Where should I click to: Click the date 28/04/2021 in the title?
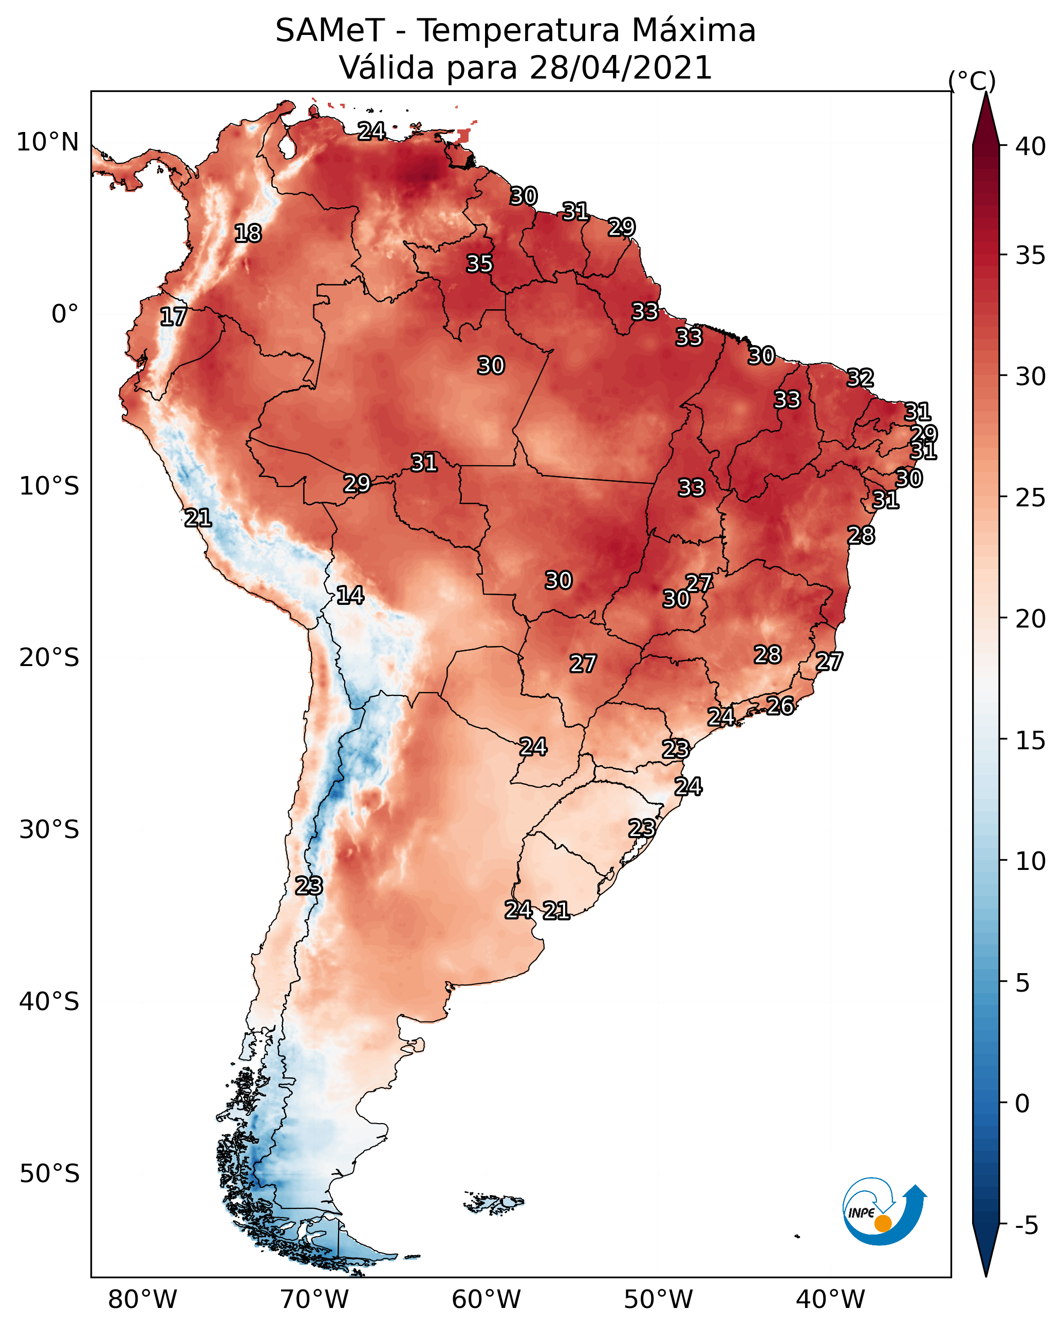621,67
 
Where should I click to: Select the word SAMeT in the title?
330,30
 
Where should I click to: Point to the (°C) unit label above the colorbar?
972,81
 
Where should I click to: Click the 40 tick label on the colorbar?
1031,146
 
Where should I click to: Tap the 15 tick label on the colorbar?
1031,741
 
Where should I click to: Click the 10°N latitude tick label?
47,142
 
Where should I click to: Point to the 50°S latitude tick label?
49,1173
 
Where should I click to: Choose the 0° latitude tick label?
65,314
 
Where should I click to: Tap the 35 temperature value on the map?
479,263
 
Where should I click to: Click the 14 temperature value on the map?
350,595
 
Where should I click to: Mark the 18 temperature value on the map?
248,234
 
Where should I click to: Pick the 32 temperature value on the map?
861,377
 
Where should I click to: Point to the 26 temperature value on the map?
780,706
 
